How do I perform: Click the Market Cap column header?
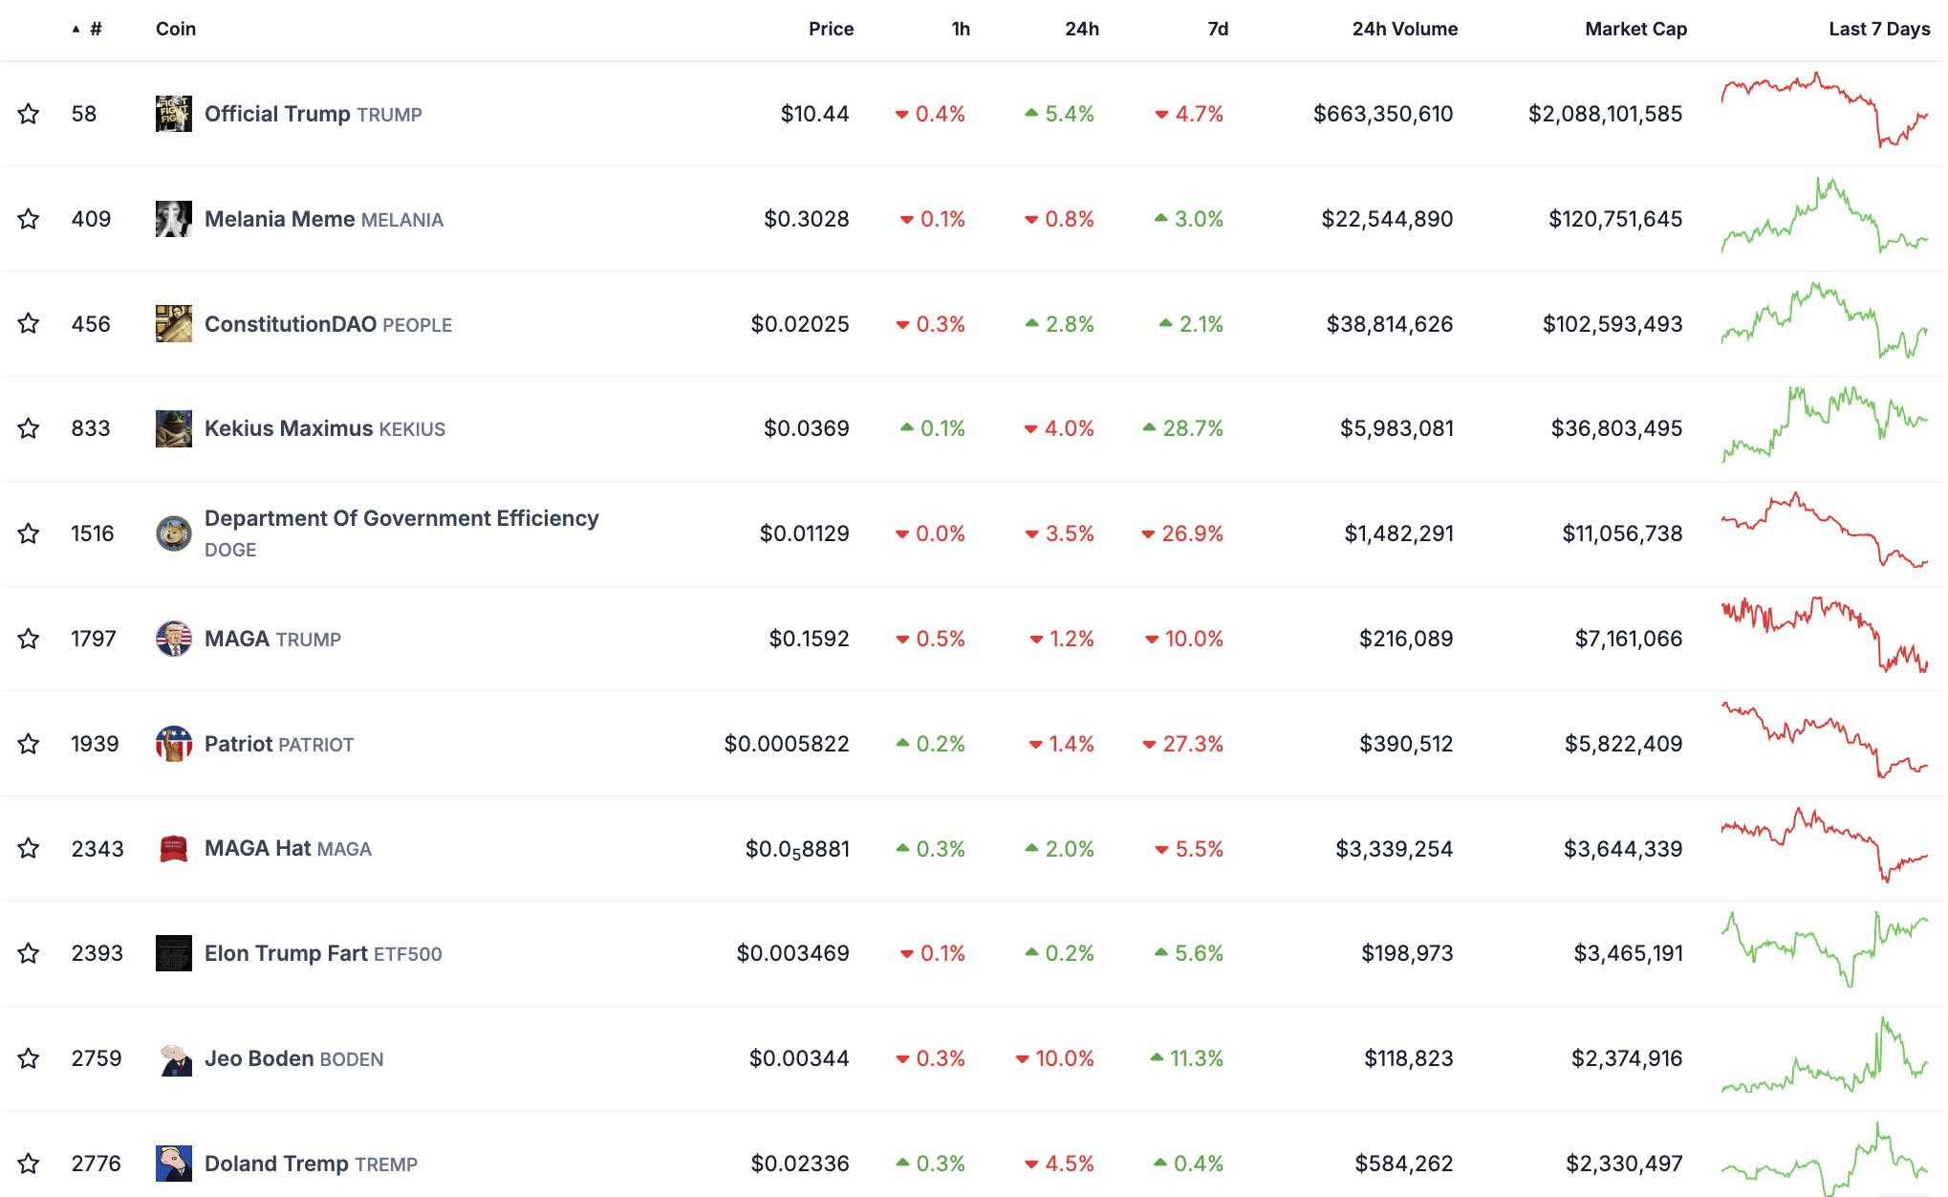click(x=1635, y=29)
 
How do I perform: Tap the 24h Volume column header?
click(x=1404, y=29)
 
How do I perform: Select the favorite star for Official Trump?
click(x=29, y=114)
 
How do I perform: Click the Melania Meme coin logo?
click(x=173, y=219)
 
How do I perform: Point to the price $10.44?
click(x=814, y=114)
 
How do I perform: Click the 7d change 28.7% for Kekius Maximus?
click(x=1192, y=428)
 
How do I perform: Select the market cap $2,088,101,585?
click(x=1605, y=114)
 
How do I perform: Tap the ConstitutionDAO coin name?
click(x=291, y=324)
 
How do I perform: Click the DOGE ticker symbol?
click(x=230, y=550)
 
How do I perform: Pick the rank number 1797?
click(x=94, y=639)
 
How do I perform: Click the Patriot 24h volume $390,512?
click(x=1406, y=744)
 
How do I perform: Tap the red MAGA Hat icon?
click(x=173, y=849)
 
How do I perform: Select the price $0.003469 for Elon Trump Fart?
click(x=792, y=953)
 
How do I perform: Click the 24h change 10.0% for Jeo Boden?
click(x=1064, y=1058)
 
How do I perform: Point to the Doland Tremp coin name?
click(x=276, y=1164)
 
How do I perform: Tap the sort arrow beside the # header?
click(x=76, y=30)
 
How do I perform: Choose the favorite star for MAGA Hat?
click(x=29, y=849)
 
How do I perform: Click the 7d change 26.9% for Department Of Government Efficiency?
click(x=1192, y=533)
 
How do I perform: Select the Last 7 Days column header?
click(x=1878, y=29)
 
